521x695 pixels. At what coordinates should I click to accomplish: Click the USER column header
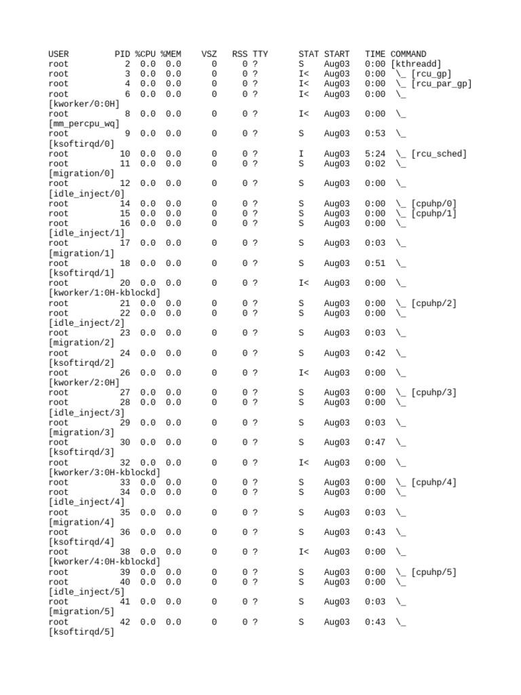[x=58, y=54]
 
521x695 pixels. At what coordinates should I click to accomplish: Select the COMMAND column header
[x=408, y=54]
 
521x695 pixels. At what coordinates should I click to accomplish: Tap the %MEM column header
[x=171, y=54]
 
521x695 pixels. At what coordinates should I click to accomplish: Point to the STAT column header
[x=309, y=54]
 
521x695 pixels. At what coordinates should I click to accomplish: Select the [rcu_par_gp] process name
[x=441, y=84]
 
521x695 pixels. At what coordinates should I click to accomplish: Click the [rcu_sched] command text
[x=439, y=154]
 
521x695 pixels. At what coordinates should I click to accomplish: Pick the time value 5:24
[x=375, y=154]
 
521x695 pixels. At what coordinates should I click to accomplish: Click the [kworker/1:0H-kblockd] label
[x=104, y=293]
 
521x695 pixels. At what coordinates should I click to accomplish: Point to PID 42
[x=125, y=622]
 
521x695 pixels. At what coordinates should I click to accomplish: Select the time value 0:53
[x=375, y=134]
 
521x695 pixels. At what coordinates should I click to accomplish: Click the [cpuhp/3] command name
[x=433, y=393]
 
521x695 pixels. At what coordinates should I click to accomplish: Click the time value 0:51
[x=375, y=263]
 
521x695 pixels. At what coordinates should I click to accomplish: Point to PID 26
[x=125, y=373]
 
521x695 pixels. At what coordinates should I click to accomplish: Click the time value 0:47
[x=375, y=443]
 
